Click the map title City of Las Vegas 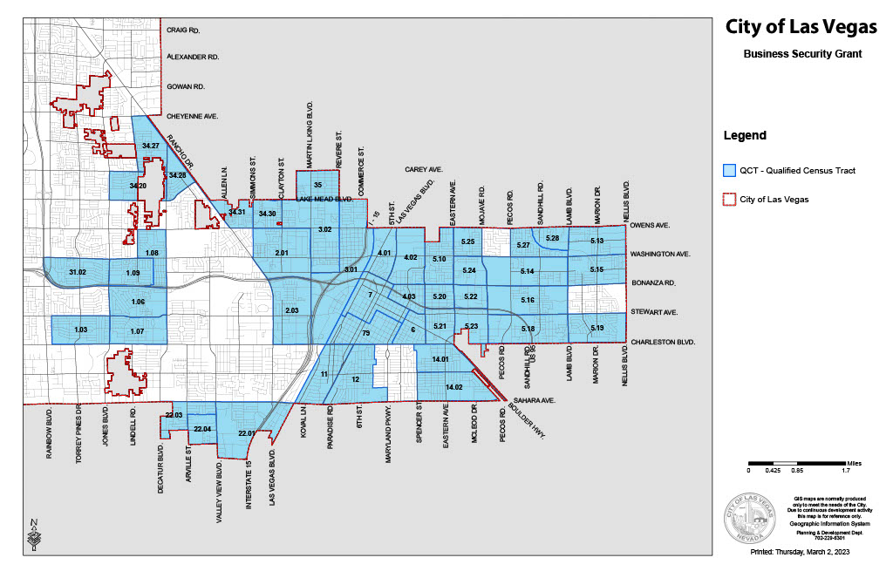pos(801,27)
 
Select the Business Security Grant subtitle pos(802,54)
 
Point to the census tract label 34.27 pos(150,146)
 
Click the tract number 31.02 pos(78,273)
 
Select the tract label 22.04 pos(201,430)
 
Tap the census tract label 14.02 pos(453,387)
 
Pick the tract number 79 pos(366,334)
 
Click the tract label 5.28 pos(552,238)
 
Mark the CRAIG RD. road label pos(183,31)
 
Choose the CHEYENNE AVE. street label pos(192,116)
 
